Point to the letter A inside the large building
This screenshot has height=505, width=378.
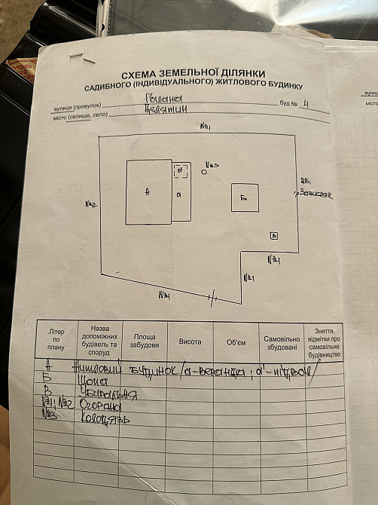tap(148, 192)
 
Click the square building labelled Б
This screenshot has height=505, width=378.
tap(245, 197)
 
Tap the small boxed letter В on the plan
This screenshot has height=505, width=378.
tap(275, 236)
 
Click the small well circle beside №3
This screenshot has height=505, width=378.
tap(204, 173)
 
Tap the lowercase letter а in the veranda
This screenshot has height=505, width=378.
tap(179, 194)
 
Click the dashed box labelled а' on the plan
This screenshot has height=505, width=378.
tap(180, 171)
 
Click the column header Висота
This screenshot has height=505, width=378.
tap(190, 341)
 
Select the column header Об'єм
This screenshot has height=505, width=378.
tap(236, 342)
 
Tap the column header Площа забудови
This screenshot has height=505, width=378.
tap(145, 341)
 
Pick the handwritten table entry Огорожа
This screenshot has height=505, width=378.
tap(100, 406)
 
